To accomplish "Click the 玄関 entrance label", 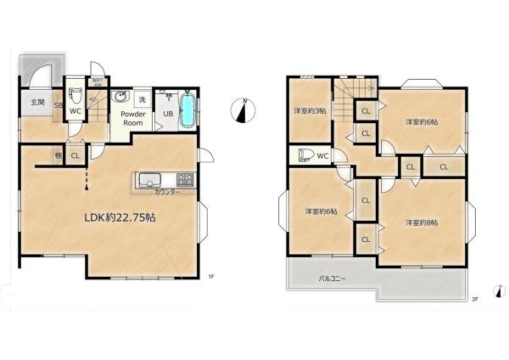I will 37,103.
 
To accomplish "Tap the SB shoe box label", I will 59,106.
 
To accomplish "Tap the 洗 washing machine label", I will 142,100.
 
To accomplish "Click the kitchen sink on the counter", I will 150,180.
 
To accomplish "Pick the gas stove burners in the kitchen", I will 184,180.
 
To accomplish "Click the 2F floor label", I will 475,299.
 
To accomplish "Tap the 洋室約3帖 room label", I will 308,110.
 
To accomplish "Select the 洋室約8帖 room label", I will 422,222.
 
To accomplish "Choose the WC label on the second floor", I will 322,155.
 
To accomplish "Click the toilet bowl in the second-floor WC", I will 300,156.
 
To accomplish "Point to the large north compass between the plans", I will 244,110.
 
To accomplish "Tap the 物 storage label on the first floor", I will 58,156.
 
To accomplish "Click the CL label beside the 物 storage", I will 75,156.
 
